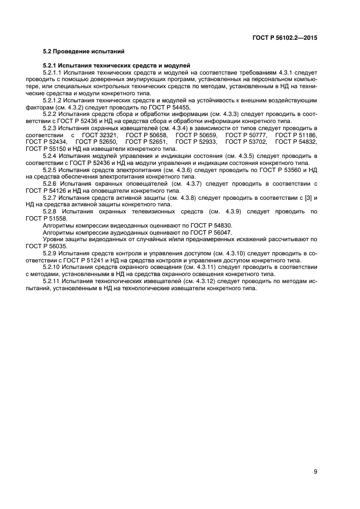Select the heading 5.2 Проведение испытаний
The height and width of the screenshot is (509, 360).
[x=84, y=52]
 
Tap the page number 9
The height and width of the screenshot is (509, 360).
[x=315, y=472]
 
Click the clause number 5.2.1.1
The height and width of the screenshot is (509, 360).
[x=52, y=72]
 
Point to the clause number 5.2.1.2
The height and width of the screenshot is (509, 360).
[x=52, y=101]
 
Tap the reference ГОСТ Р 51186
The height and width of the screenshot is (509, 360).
[x=296, y=135]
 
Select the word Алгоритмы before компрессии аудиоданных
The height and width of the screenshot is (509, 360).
[x=59, y=232]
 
